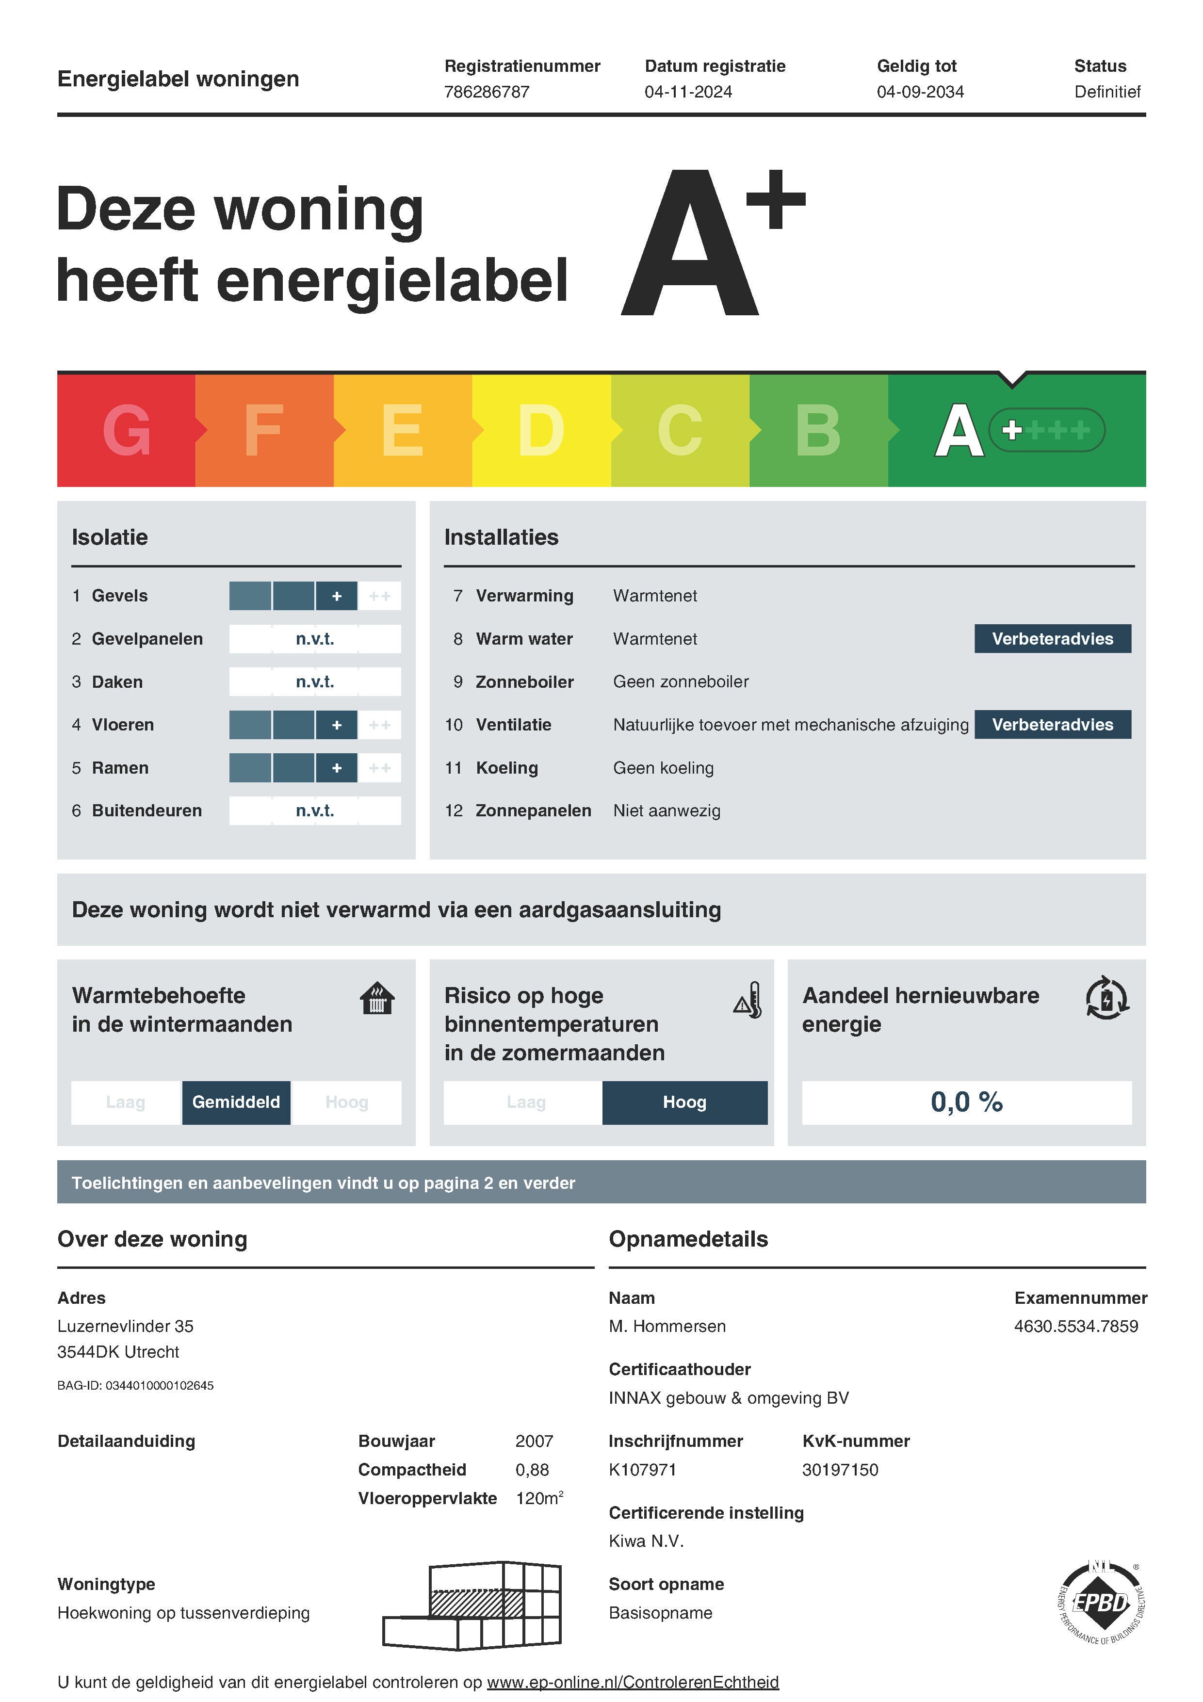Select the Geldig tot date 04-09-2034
[920, 92]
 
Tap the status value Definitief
[1106, 92]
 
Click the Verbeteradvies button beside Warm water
[1052, 639]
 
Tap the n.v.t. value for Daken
[315, 682]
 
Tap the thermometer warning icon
[748, 1001]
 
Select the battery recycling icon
[1106, 999]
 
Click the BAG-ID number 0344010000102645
[160, 1385]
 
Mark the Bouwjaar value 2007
[534, 1441]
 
